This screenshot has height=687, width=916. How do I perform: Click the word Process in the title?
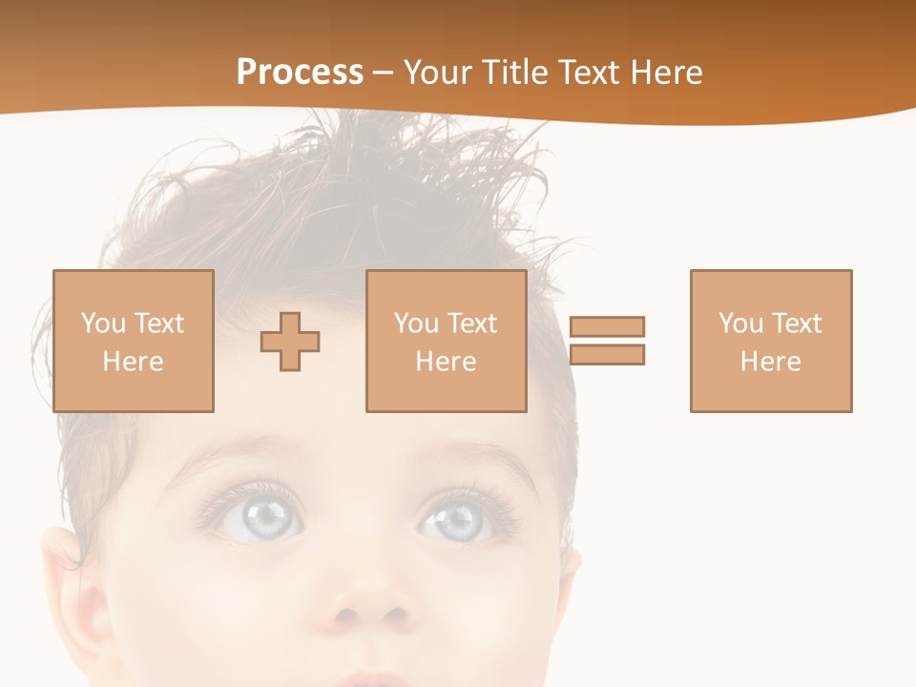pos(300,73)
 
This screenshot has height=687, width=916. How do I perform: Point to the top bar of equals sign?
pos(607,326)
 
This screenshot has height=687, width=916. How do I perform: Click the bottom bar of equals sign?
pos(607,355)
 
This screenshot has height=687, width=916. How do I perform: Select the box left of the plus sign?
pos(133,341)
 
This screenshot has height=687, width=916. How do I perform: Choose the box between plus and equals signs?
pos(446,341)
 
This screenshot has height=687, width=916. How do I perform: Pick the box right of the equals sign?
pos(770,341)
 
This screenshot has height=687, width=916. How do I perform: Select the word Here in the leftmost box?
pos(133,362)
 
